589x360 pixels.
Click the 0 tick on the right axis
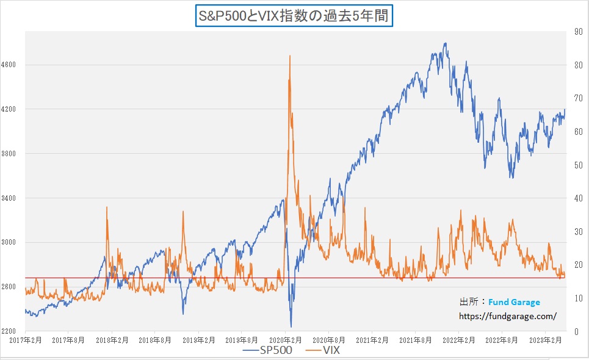coord(576,331)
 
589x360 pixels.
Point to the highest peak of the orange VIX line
coord(289,56)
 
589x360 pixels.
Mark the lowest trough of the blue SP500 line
coord(291,326)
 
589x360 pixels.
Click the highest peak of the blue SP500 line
coord(446,43)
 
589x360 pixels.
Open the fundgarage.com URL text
coord(508,316)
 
